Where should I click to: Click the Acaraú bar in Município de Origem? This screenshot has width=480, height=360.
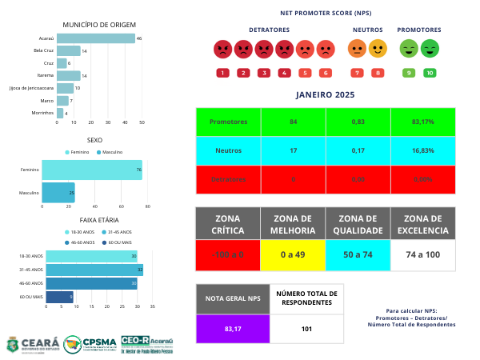point(96,38)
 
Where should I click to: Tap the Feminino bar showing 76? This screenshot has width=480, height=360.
point(91,170)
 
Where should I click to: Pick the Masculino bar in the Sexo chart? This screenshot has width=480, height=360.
point(58,193)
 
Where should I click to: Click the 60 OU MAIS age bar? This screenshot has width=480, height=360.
point(60,297)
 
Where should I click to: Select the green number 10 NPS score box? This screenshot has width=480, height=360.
point(430,73)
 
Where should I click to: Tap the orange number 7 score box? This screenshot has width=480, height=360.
point(357,73)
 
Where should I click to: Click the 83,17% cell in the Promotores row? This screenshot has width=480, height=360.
point(423,122)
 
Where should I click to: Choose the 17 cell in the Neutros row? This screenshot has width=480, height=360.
point(294,150)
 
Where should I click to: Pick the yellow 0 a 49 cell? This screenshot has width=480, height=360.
point(294,254)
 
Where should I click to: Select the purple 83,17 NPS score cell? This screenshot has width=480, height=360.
point(233,328)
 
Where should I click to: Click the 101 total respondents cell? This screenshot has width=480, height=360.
point(306,328)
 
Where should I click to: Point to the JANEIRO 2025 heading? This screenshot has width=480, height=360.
point(325,95)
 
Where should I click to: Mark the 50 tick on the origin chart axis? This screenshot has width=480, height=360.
point(142,122)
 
